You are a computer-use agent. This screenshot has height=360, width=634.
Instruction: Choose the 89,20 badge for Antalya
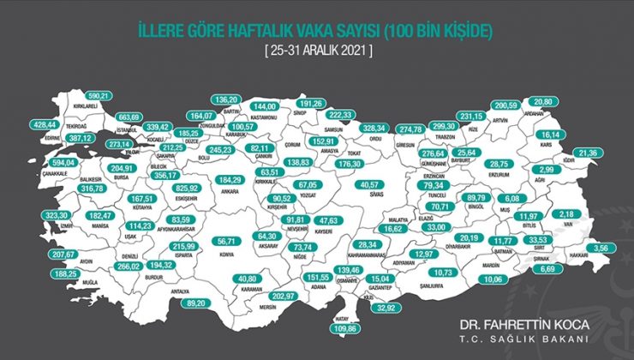click(197, 302)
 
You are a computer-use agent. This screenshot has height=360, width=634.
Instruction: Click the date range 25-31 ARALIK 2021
click(317, 51)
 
